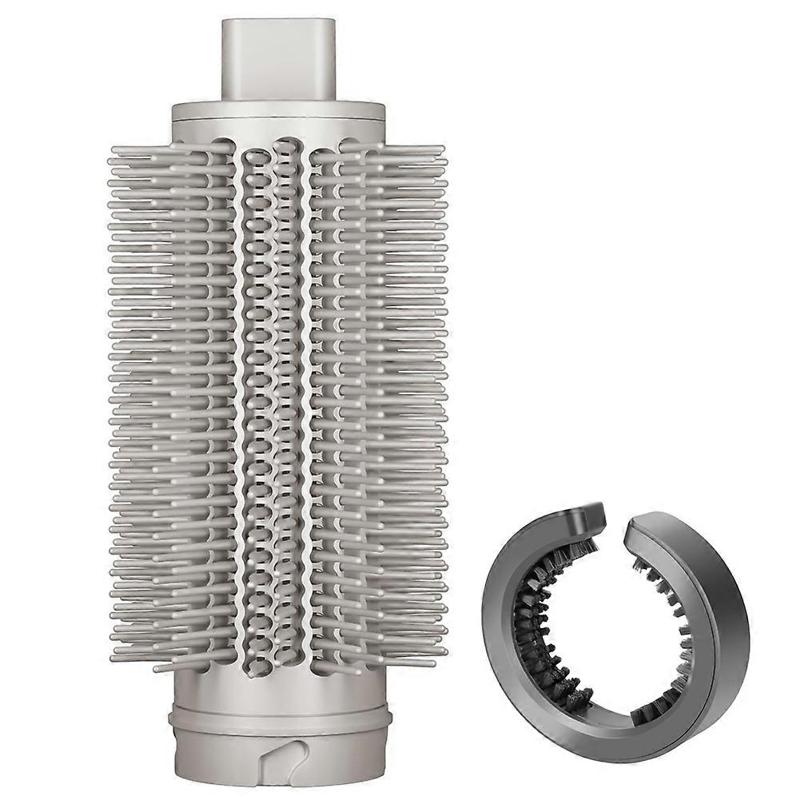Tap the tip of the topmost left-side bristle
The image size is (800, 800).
coord(112,149)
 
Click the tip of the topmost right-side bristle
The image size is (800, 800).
coord(441,149)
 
